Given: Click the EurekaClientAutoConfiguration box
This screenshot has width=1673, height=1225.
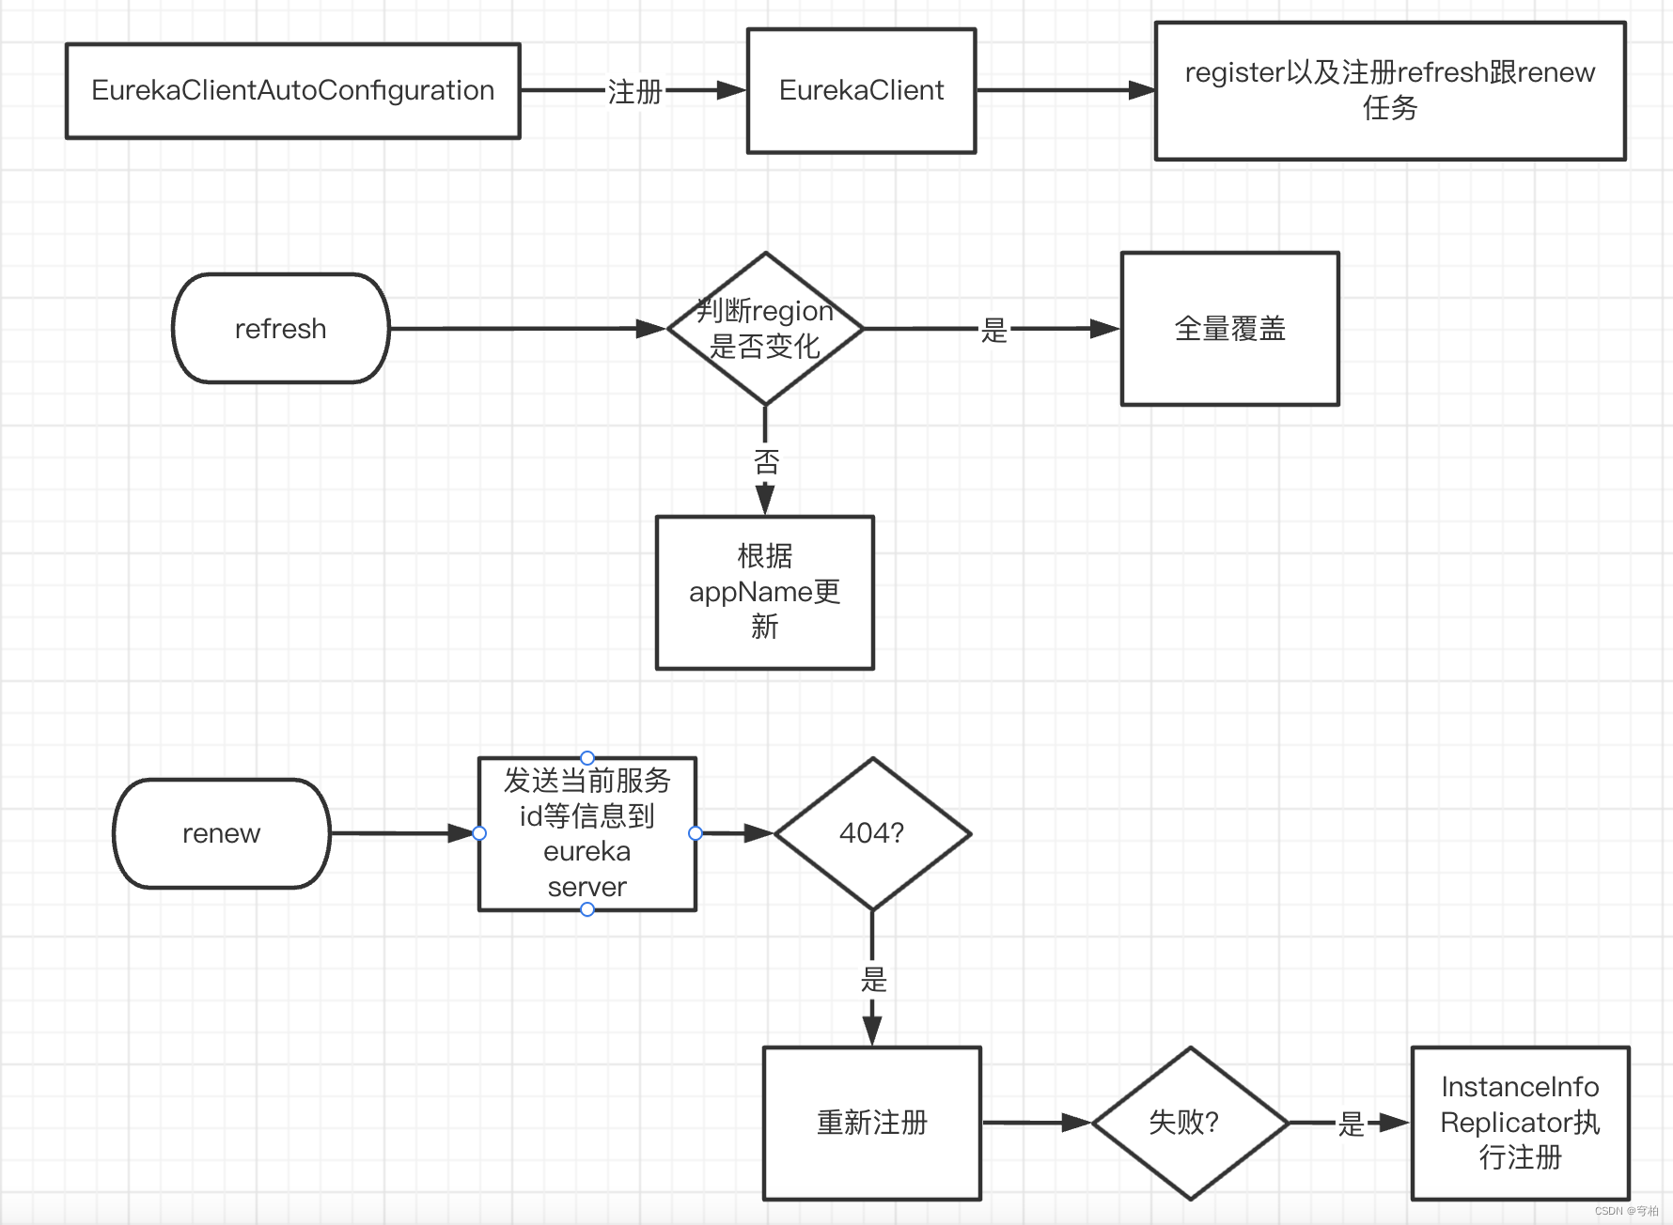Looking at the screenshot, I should (292, 91).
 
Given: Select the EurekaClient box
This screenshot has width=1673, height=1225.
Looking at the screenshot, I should (861, 91).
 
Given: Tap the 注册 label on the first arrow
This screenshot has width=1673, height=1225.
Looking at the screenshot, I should (634, 92).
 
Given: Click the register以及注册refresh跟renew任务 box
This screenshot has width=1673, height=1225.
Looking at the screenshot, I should (1389, 91).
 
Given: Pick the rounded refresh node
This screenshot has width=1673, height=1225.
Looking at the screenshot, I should (280, 329).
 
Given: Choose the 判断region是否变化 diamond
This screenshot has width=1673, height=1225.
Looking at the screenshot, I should (765, 329).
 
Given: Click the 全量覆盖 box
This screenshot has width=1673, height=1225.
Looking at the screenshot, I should (1229, 329).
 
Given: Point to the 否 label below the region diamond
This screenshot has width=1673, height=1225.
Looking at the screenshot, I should (766, 461).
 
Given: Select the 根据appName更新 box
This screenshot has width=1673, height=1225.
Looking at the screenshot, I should (764, 592).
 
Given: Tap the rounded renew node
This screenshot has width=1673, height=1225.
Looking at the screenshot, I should (221, 833).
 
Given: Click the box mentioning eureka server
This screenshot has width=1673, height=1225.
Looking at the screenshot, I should (586, 834).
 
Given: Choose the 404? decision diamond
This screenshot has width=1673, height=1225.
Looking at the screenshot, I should (871, 833).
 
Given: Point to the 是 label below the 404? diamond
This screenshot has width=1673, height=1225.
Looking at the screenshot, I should (873, 980).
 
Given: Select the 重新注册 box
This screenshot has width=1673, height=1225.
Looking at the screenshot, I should (871, 1123).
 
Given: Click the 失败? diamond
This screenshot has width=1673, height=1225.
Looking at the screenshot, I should (1189, 1123).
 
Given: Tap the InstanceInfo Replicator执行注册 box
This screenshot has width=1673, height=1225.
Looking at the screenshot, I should (1519, 1123).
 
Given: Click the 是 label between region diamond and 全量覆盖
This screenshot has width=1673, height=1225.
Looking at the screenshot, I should (993, 330).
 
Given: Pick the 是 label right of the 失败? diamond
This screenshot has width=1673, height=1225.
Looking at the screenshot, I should (1351, 1124).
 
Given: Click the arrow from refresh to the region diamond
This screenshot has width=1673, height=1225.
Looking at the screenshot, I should (526, 329).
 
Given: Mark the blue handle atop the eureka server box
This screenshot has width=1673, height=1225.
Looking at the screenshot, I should (587, 758).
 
